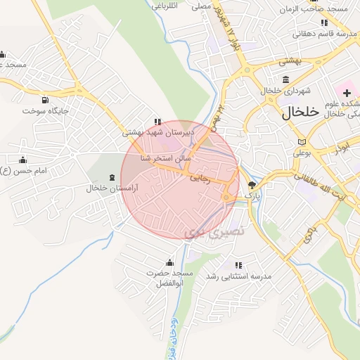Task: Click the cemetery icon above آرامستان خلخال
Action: pyautogui.click(x=112, y=177)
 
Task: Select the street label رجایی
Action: pyautogui.click(x=200, y=179)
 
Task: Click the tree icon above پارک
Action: pyautogui.click(x=252, y=184)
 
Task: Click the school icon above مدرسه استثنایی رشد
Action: pyautogui.click(x=238, y=265)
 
